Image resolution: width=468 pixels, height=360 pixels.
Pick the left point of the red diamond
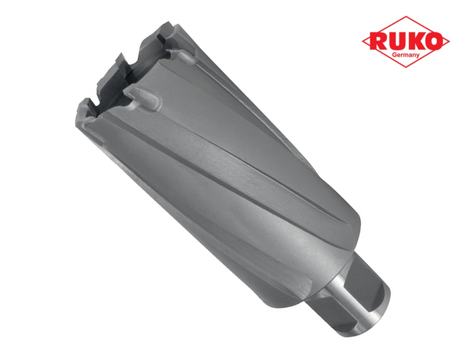click(x=362, y=42)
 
